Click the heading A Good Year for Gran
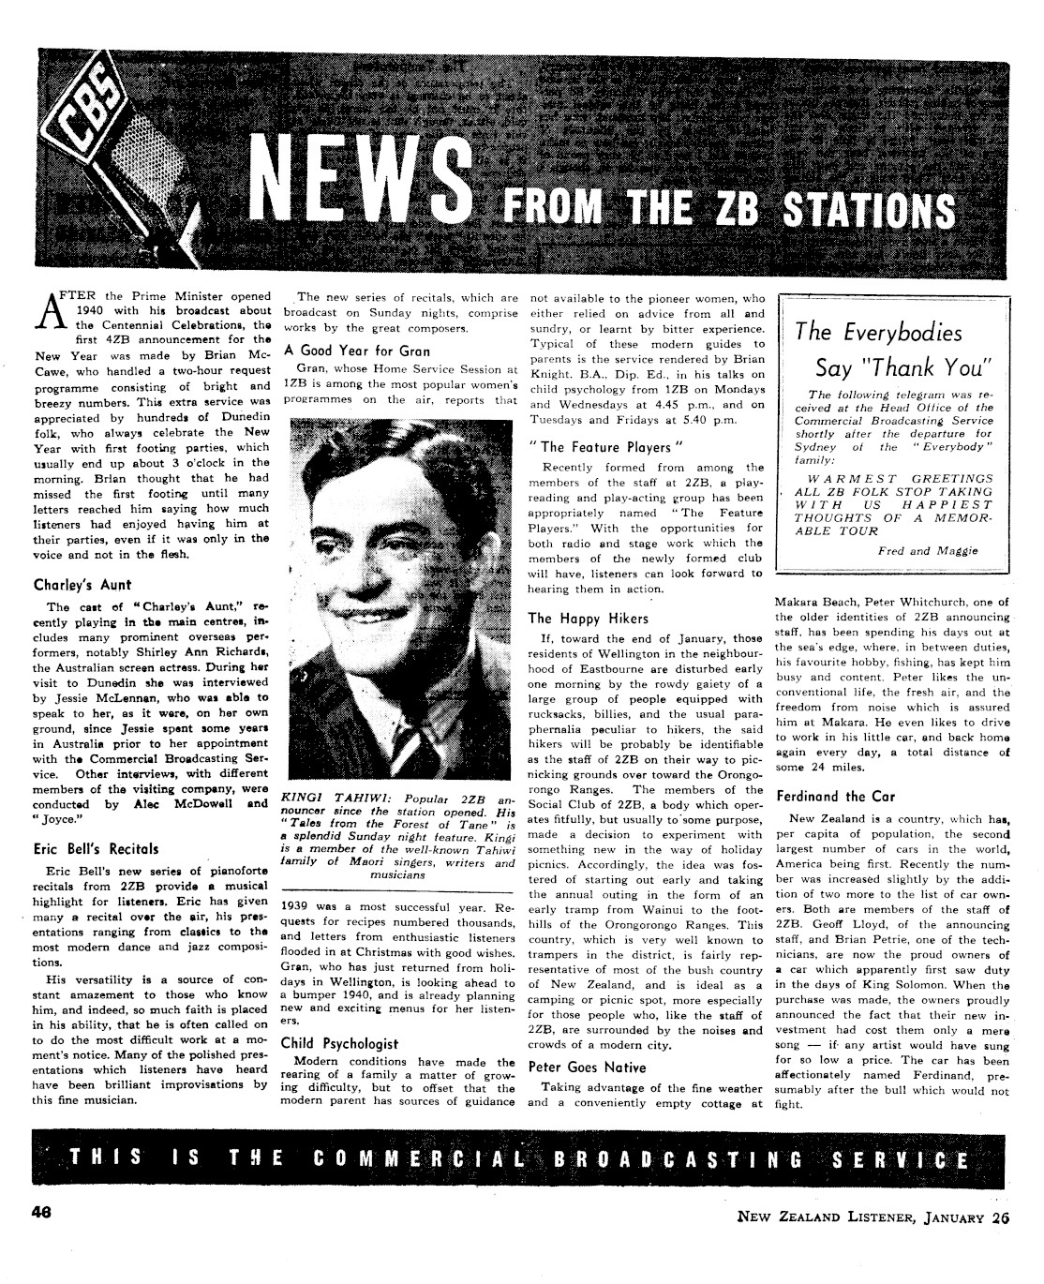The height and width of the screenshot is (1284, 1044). [357, 351]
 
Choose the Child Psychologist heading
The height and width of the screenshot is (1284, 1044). [339, 1043]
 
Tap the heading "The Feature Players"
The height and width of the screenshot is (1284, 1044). [601, 447]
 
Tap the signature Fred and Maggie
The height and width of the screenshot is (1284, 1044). [927, 551]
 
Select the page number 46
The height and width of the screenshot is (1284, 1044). [39, 1210]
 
